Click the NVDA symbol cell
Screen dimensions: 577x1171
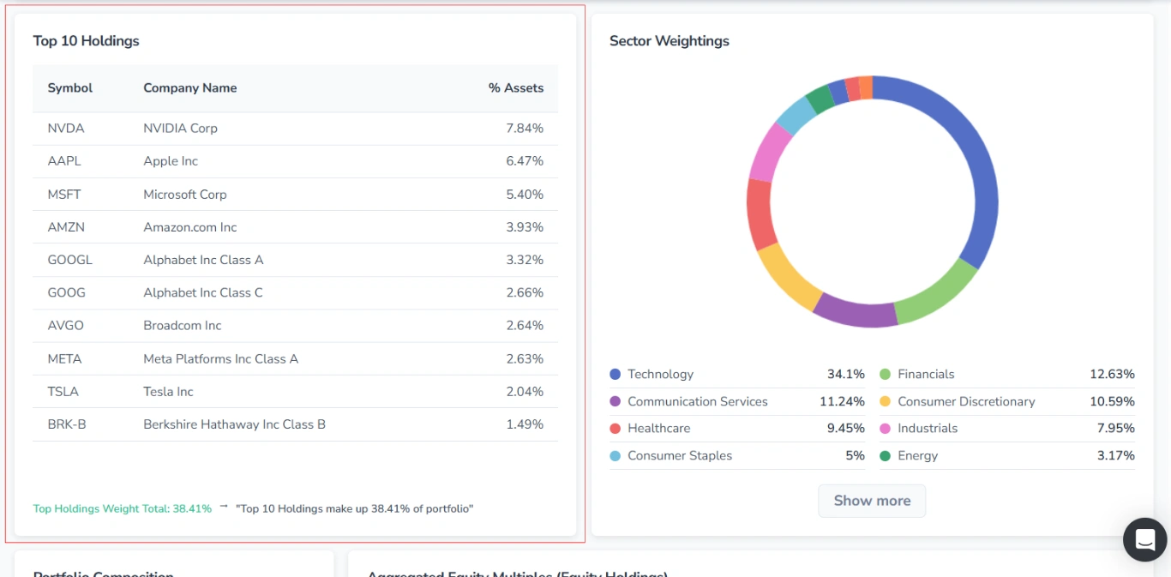pyautogui.click(x=66, y=129)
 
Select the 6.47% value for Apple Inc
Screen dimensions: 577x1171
pyautogui.click(x=525, y=161)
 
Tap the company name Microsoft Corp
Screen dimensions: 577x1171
pyautogui.click(x=185, y=195)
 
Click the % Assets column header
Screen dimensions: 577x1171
pyautogui.click(x=516, y=88)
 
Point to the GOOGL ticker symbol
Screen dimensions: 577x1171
pyautogui.click(x=70, y=260)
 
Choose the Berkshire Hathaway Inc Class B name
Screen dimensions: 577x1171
pyautogui.click(x=234, y=424)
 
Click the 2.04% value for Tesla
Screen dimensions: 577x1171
pyautogui.click(x=525, y=392)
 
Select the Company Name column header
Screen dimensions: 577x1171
pyautogui.click(x=190, y=88)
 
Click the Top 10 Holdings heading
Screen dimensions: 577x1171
pyautogui.click(x=86, y=41)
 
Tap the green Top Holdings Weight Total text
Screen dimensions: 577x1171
pyautogui.click(x=122, y=508)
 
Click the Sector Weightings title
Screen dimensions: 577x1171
pyautogui.click(x=670, y=41)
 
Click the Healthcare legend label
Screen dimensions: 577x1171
pyautogui.click(x=658, y=429)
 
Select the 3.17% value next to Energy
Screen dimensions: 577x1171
pyautogui.click(x=1115, y=456)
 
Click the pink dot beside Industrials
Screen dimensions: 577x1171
pyautogui.click(x=885, y=429)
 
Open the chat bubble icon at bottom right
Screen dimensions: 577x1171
pyautogui.click(x=1144, y=539)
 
